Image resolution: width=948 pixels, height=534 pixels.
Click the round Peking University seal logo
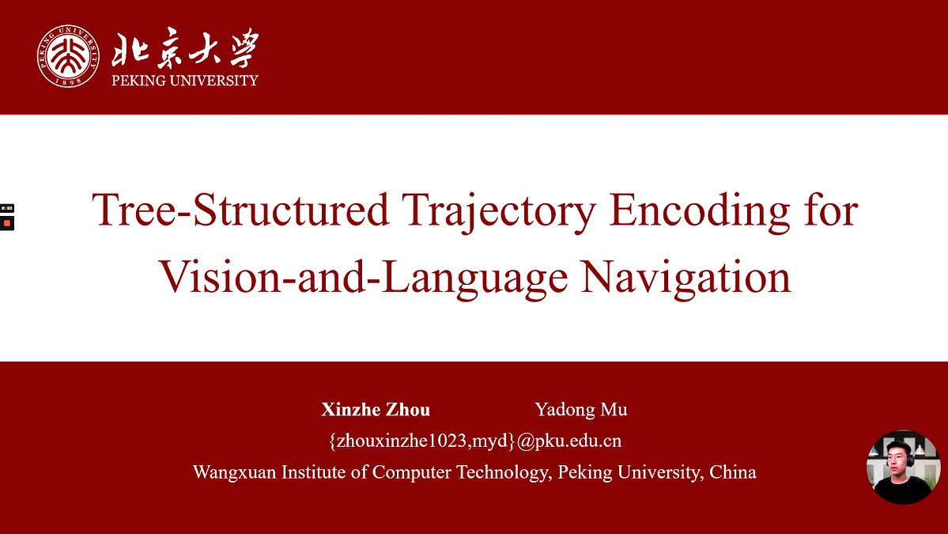tap(68, 56)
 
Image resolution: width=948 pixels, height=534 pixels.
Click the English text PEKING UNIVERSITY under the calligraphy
tap(185, 81)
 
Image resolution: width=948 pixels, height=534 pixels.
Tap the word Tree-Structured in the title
tap(240, 210)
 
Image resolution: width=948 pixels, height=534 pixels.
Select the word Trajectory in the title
tap(500, 211)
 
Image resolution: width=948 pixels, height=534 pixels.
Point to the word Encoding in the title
tap(700, 211)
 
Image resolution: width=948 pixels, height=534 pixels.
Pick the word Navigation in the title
tap(686, 277)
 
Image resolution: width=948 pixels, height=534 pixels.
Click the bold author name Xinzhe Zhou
tap(376, 410)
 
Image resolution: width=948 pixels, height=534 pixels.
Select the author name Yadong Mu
tap(581, 410)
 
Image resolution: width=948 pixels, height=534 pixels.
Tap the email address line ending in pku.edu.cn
tap(475, 441)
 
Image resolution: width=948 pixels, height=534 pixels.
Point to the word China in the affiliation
tap(733, 472)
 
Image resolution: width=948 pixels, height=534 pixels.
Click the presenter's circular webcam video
tap(903, 467)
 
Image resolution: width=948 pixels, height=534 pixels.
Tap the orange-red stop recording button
tap(6, 223)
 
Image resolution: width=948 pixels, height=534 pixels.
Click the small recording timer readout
tap(6, 208)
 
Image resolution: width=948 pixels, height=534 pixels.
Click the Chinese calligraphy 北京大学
tap(186, 47)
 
